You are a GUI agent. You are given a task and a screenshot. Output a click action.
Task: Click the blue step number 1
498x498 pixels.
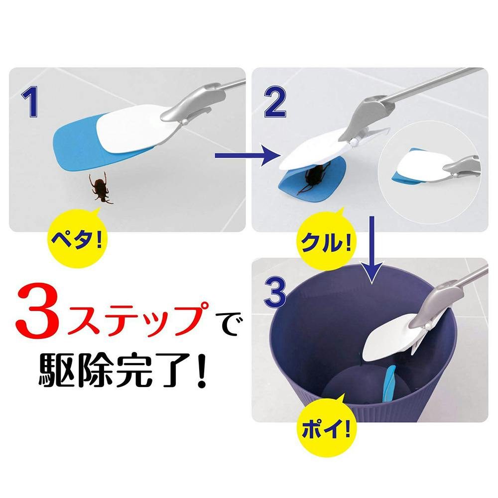tap(31, 102)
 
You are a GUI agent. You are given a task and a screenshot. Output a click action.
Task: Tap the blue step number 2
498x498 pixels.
tap(275, 102)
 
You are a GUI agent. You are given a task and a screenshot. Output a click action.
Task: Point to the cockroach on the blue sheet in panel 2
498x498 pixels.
tap(313, 177)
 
